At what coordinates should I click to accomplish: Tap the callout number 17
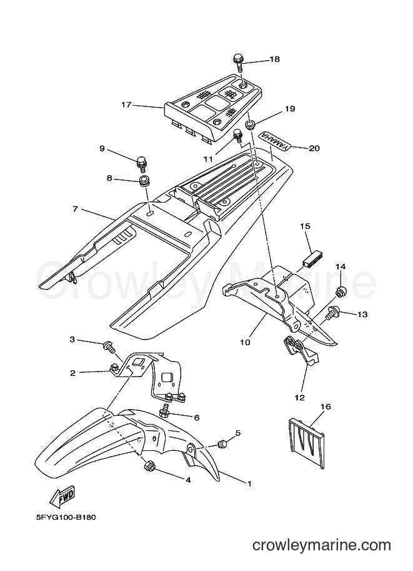click(126, 105)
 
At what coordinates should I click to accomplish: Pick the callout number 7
click(76, 209)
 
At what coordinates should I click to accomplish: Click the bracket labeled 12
click(301, 351)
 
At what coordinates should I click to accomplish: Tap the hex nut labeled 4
click(149, 466)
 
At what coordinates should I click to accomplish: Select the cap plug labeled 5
click(222, 444)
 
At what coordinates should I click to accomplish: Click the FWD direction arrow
click(62, 497)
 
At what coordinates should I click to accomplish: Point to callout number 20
click(314, 148)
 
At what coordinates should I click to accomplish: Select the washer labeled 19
click(251, 126)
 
